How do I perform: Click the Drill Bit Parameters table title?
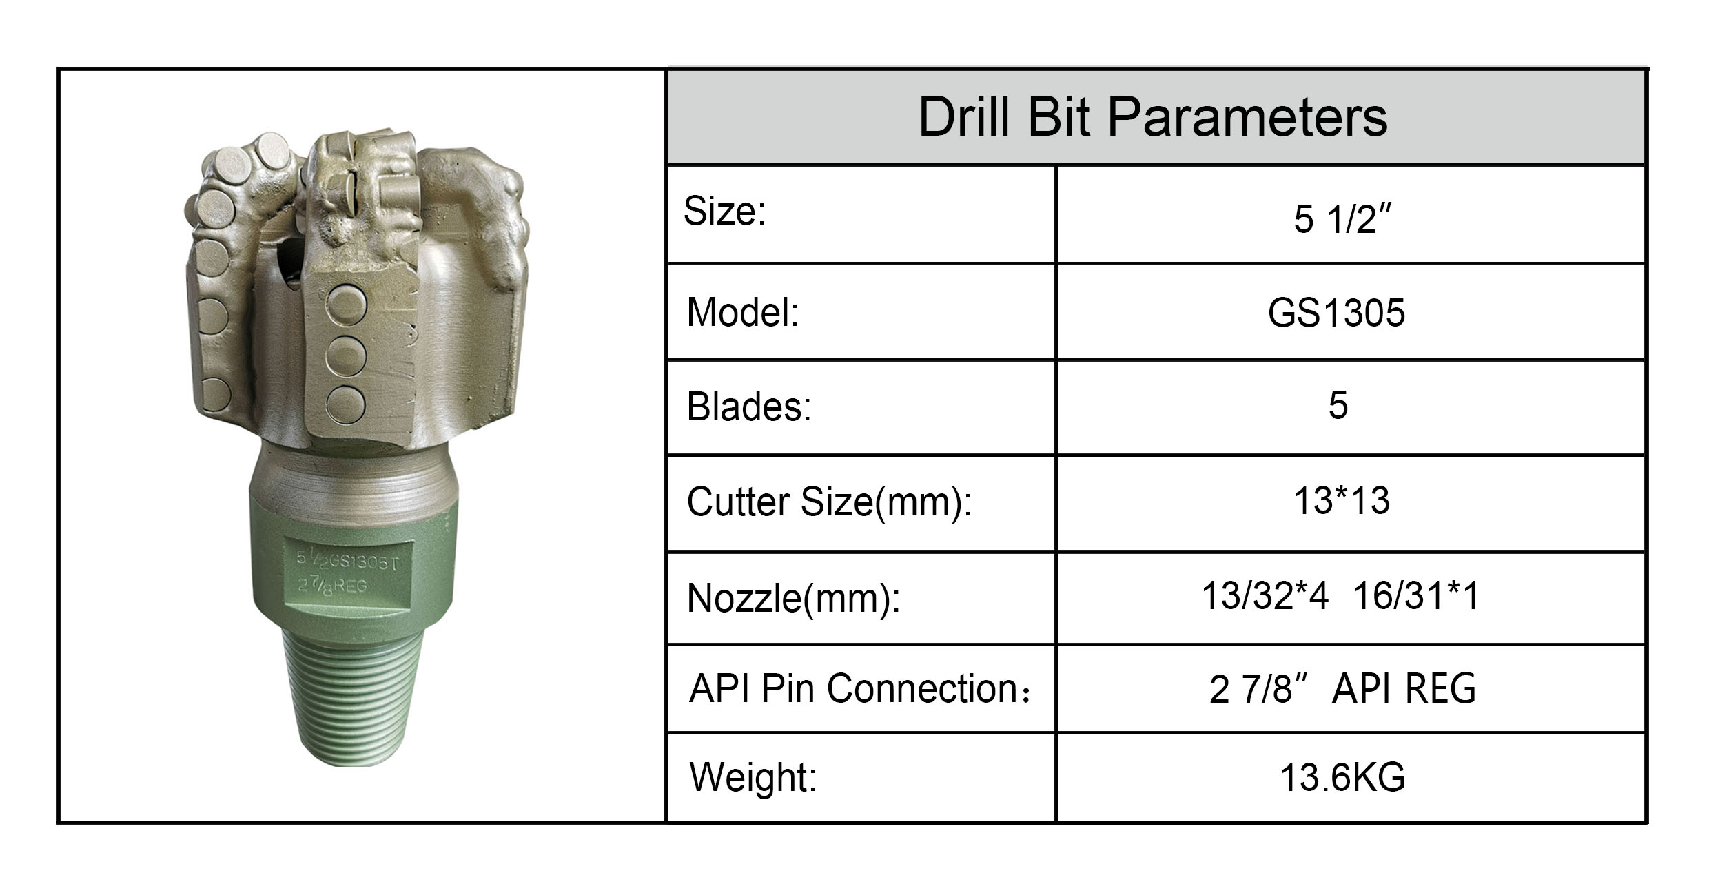point(1153,117)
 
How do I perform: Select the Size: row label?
point(724,211)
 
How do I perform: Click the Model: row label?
point(742,312)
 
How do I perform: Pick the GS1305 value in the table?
point(1336,313)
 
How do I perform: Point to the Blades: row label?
point(749,407)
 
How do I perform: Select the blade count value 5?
point(1338,405)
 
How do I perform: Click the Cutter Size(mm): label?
point(829,502)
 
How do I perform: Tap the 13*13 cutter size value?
point(1342,500)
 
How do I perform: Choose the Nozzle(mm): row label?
point(793,597)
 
